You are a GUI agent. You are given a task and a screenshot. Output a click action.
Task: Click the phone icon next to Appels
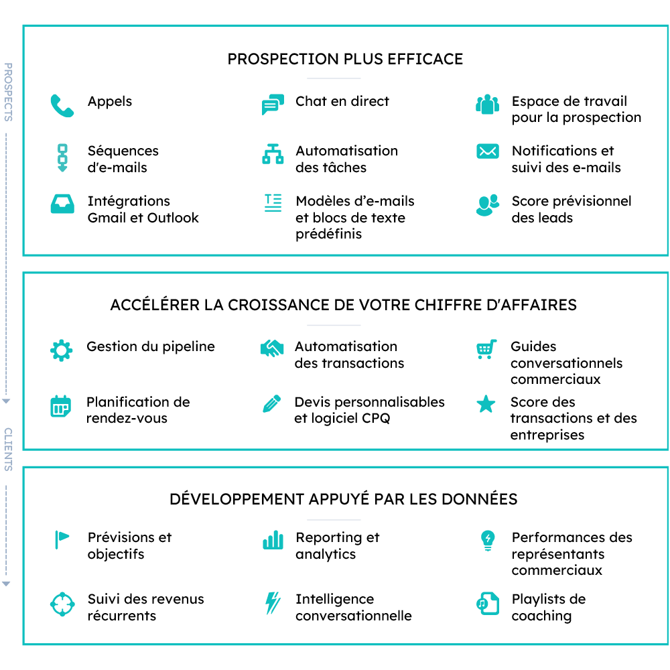point(62,106)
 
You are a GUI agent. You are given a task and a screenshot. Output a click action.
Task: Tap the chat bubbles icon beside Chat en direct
point(273,105)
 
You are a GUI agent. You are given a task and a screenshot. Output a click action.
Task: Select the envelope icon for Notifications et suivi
point(488,151)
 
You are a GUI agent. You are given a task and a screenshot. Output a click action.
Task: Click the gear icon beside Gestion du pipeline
point(62,350)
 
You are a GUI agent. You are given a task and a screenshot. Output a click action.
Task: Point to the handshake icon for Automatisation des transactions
point(272,348)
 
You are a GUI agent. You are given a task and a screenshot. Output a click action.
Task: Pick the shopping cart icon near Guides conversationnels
point(486,349)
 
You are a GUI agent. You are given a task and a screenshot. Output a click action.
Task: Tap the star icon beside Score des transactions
point(486,404)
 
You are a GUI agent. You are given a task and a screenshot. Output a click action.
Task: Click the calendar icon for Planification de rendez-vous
point(61,406)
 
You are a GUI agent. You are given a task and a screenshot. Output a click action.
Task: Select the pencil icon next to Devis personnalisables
point(272,403)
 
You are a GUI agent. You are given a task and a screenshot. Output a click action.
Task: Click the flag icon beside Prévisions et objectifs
point(62,539)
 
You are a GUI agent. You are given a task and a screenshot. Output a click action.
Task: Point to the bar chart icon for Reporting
point(273,539)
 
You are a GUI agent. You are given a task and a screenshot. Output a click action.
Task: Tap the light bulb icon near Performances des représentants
point(488,541)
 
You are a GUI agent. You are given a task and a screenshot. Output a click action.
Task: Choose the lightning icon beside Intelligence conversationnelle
point(273,603)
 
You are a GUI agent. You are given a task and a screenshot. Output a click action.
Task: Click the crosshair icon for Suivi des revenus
point(62,604)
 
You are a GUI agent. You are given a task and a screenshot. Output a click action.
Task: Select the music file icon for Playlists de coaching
point(488,604)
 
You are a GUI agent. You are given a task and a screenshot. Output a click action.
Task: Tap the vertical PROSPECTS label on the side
point(8,92)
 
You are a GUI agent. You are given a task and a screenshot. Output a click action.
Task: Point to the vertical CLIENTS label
point(8,450)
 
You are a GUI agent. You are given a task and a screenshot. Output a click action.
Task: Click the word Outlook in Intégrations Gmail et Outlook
point(173,218)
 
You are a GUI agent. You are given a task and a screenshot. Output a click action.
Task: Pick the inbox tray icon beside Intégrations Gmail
point(62,204)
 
